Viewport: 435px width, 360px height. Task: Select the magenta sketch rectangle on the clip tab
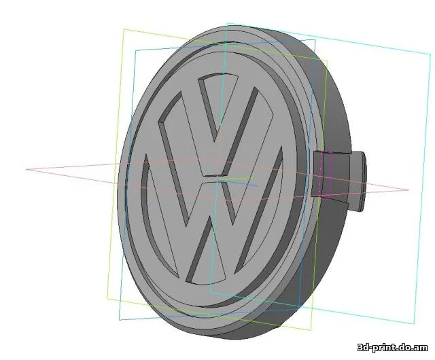click(x=324, y=175)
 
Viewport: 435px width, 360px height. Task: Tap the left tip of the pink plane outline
click(x=27, y=169)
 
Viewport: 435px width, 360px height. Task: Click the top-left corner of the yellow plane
click(x=123, y=29)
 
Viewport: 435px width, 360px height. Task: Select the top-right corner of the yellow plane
click(x=328, y=60)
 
